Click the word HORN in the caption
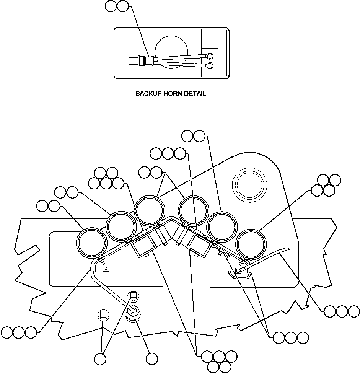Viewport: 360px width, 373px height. pos(172,94)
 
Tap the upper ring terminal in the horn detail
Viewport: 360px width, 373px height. pos(209,55)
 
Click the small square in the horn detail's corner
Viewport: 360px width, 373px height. pos(210,39)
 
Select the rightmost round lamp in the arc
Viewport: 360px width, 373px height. pos(251,244)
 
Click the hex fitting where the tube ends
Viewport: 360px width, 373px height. pos(134,312)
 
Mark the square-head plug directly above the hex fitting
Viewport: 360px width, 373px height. pos(133,296)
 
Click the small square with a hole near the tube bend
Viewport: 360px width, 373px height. pos(107,269)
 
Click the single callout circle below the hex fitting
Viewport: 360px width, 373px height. pos(151,358)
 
